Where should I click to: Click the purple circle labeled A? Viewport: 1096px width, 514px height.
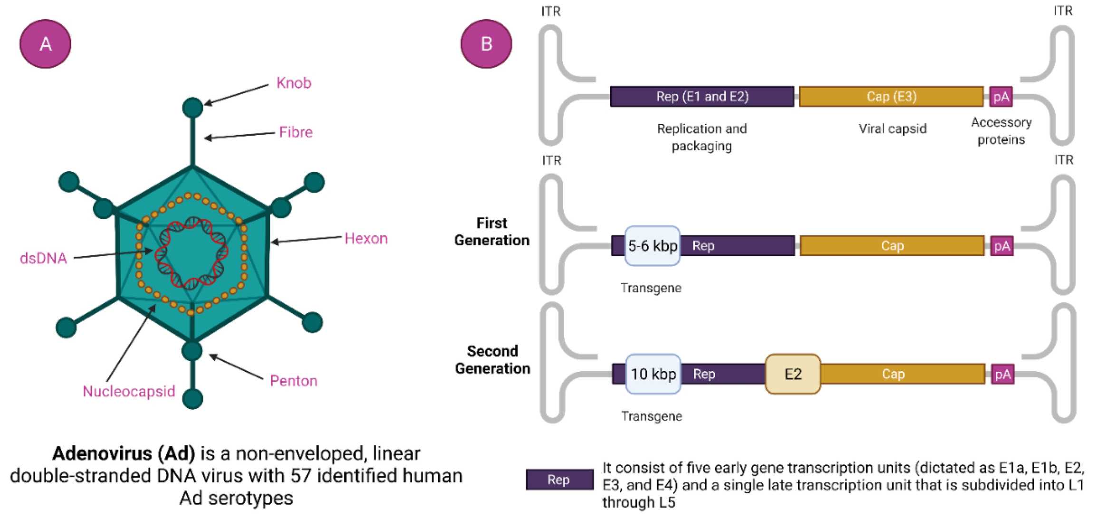(45, 44)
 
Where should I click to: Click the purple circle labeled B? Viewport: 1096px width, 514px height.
(486, 44)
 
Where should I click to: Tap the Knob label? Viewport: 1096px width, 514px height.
(294, 83)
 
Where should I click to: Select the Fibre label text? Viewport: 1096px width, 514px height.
(296, 132)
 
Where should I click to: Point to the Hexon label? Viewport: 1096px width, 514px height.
(366, 238)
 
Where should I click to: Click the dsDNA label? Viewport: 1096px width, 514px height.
(43, 258)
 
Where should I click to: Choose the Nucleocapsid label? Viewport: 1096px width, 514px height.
(129, 391)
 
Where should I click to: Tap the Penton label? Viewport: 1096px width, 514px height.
(293, 381)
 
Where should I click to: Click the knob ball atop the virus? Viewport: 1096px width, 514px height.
(192, 108)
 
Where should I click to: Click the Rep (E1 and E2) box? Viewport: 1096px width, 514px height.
(702, 97)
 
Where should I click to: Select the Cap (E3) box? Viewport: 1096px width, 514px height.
(891, 97)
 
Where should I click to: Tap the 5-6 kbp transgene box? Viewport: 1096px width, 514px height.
(652, 246)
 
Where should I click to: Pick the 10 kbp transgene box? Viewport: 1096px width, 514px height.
(653, 374)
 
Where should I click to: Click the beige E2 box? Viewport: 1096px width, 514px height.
(793, 374)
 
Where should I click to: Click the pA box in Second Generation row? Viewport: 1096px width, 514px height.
(1002, 375)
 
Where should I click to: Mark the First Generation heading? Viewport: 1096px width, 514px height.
(492, 232)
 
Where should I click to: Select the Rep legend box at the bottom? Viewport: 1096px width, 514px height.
(559, 480)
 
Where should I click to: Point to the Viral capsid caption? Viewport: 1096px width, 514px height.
(893, 129)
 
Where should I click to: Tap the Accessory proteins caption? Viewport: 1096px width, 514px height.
(1001, 131)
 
